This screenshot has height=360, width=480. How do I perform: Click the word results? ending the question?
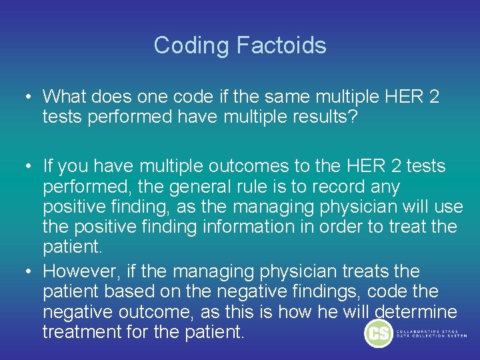[327, 117]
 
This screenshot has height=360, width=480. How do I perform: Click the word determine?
[416, 311]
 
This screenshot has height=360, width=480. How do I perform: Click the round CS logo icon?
[379, 334]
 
